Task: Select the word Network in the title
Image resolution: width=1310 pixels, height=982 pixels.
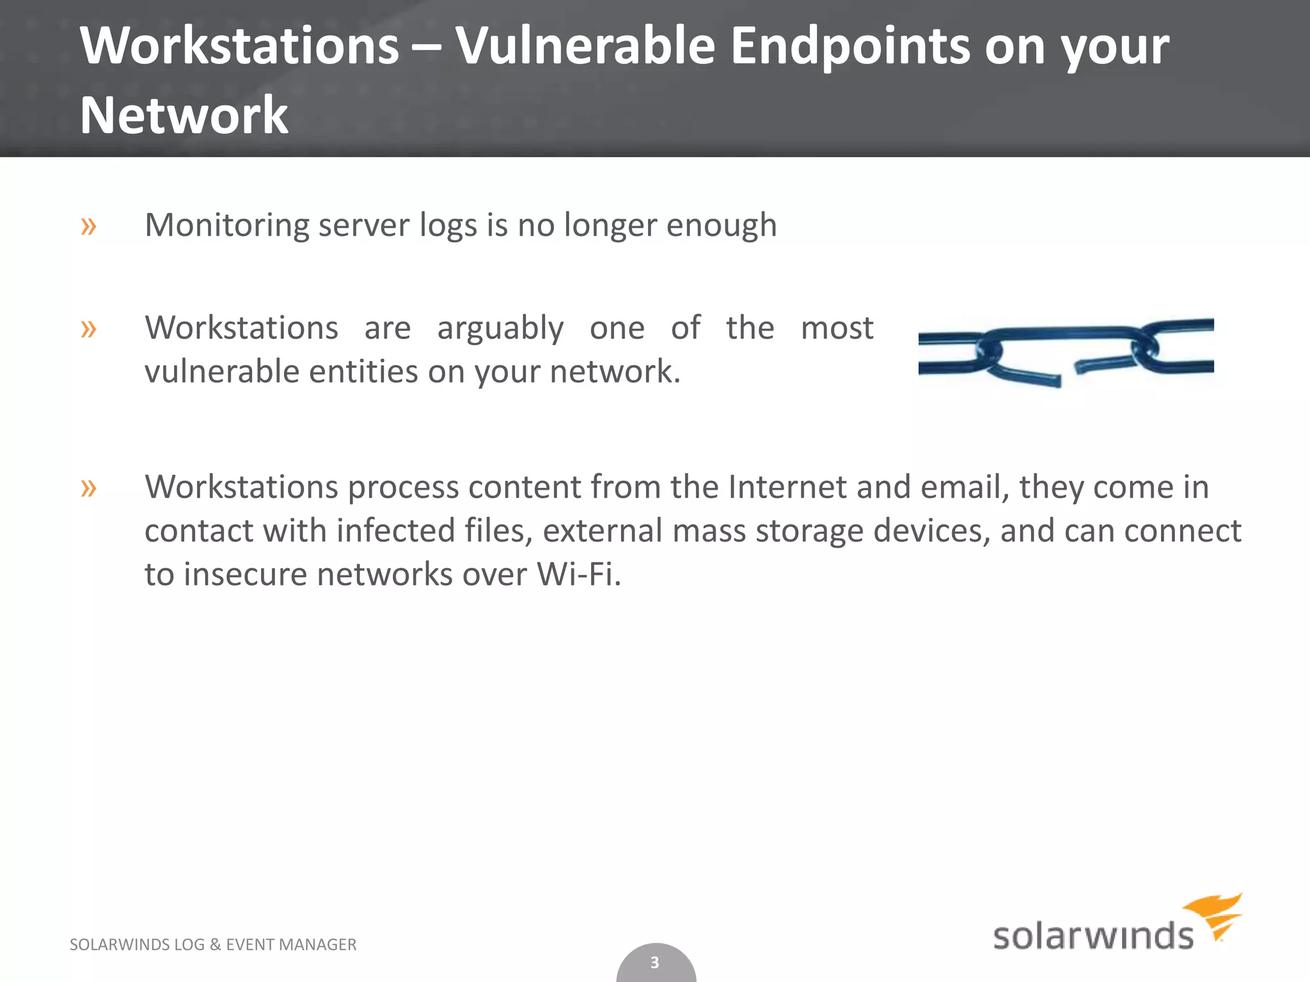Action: (x=184, y=115)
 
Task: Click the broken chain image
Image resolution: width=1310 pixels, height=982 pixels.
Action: (x=1066, y=352)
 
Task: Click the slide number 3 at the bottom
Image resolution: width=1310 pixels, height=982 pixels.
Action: (x=654, y=962)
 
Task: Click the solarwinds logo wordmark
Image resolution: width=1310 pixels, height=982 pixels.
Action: (x=1093, y=936)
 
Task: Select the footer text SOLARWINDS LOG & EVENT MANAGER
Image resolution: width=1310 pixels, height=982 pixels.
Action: (x=213, y=944)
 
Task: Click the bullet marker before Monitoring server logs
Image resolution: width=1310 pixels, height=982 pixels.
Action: (x=89, y=226)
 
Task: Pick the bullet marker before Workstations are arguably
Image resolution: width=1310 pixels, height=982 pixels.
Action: (x=89, y=329)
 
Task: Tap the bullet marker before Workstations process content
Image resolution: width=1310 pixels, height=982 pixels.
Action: (x=89, y=488)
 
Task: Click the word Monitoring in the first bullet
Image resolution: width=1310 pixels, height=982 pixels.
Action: (x=226, y=226)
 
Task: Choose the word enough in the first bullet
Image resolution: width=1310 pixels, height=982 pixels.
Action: (x=722, y=226)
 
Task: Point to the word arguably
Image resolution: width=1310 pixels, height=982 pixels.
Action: (x=500, y=329)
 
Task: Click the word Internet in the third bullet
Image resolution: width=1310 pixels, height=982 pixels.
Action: (x=787, y=487)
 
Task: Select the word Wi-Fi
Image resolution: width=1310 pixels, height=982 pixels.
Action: (x=578, y=573)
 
